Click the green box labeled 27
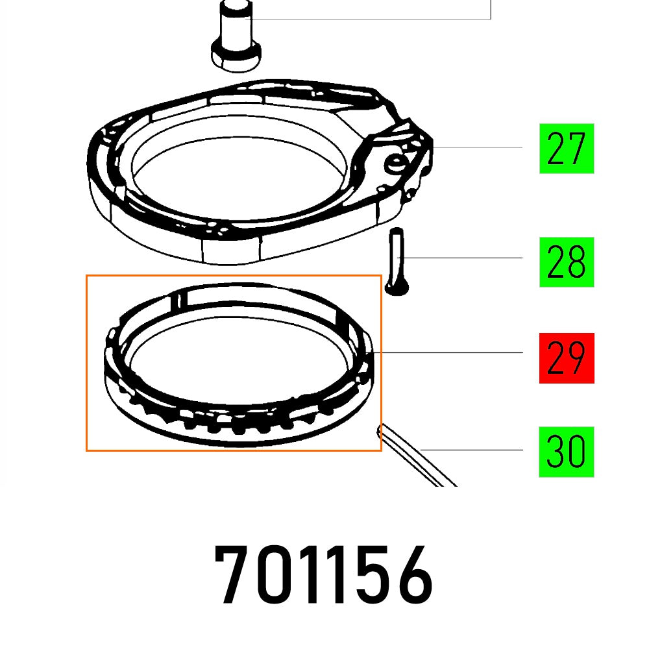(x=566, y=149)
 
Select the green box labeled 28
(x=566, y=262)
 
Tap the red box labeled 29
(x=566, y=358)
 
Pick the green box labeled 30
(x=566, y=452)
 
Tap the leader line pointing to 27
(x=487, y=148)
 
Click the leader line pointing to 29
(x=454, y=352)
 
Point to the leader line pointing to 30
(x=480, y=450)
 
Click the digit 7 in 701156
(x=236, y=576)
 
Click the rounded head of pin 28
(x=395, y=286)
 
